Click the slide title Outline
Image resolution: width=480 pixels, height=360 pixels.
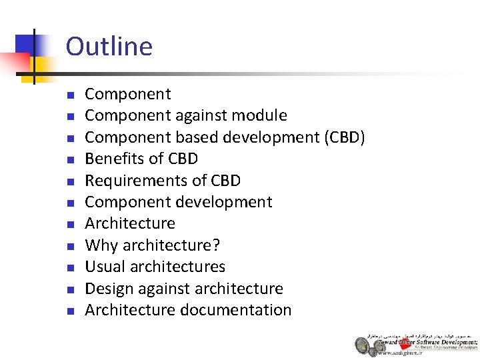pyautogui.click(x=109, y=47)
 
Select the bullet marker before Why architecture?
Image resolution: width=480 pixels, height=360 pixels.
pyautogui.click(x=71, y=246)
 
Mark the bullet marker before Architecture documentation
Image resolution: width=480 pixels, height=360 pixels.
pyautogui.click(x=71, y=311)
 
